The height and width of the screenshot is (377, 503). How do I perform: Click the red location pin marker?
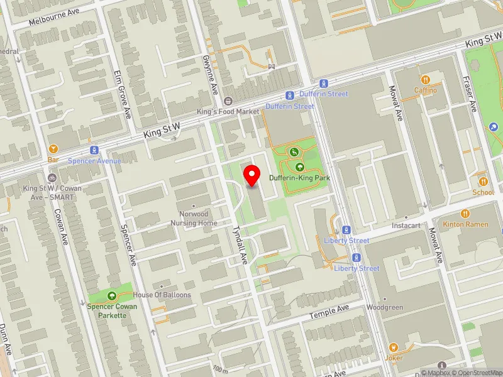[x=252, y=175]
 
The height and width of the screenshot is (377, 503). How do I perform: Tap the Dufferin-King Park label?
[x=299, y=178]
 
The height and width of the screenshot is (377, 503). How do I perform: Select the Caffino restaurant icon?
[x=426, y=80]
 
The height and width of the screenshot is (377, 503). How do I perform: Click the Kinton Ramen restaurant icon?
[x=465, y=214]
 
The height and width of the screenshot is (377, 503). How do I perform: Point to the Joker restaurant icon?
[x=393, y=347]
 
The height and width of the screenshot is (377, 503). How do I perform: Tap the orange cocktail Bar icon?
[x=53, y=150]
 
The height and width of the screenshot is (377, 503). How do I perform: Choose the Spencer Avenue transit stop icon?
[x=94, y=151]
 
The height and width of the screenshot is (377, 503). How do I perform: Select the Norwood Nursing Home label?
[x=194, y=219]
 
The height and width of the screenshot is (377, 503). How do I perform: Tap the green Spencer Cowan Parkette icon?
[x=112, y=295]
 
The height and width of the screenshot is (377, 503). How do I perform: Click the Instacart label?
[x=406, y=225]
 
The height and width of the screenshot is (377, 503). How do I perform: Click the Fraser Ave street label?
[x=470, y=94]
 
